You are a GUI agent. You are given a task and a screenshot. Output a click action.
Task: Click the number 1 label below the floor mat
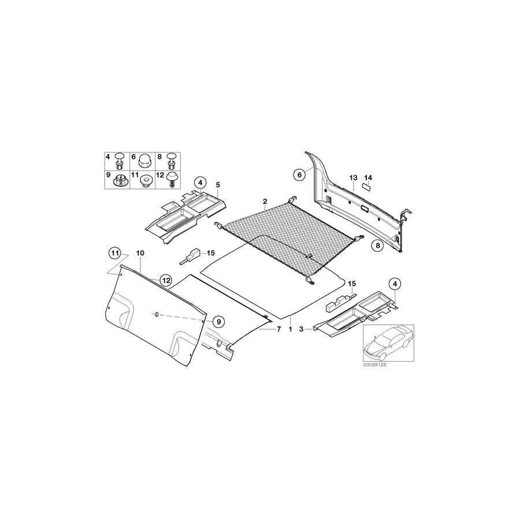coord(290,329)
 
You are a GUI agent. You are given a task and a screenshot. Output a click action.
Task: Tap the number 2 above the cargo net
coord(265,202)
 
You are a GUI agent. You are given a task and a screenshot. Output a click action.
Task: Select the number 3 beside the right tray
coord(301,329)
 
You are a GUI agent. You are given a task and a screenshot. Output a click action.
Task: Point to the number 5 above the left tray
coord(218,185)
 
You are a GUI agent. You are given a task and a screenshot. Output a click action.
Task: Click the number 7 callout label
coord(278,329)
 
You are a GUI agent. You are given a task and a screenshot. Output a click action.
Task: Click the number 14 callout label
coord(368,177)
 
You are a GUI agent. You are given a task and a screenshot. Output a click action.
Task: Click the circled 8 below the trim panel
coord(377,245)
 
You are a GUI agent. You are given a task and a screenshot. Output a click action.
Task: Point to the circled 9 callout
coord(218,321)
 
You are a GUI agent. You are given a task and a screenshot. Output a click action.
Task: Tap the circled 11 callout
coord(115,253)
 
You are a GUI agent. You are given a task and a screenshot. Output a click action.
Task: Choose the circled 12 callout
coord(166,280)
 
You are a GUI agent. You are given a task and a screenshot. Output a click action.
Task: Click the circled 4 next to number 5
coord(199,184)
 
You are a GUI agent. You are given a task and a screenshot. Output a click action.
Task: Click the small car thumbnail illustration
coord(386,343)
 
